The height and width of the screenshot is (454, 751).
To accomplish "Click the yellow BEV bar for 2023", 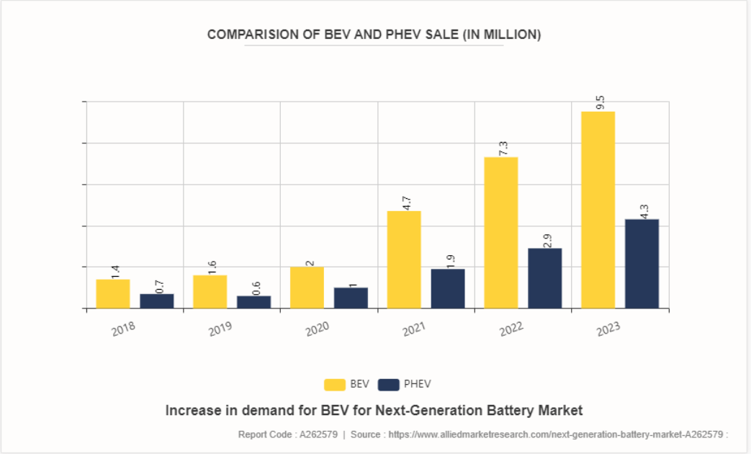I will pos(598,210).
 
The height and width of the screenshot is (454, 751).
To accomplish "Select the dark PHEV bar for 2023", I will pos(642,264).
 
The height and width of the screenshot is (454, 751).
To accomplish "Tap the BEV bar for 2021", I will pos(404,259).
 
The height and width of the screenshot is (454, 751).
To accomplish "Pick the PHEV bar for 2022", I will pos(544,278).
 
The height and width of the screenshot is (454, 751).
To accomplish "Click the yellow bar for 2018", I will pos(113,293).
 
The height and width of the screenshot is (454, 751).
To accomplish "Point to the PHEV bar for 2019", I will pos(253,302).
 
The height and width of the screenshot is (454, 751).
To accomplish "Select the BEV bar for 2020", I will pos(307,288).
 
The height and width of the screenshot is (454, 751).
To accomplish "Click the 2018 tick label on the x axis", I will pos(122,329).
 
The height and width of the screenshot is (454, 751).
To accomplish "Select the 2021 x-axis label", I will pos(413,329).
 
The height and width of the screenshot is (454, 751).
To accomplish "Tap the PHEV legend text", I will pos(418,384).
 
